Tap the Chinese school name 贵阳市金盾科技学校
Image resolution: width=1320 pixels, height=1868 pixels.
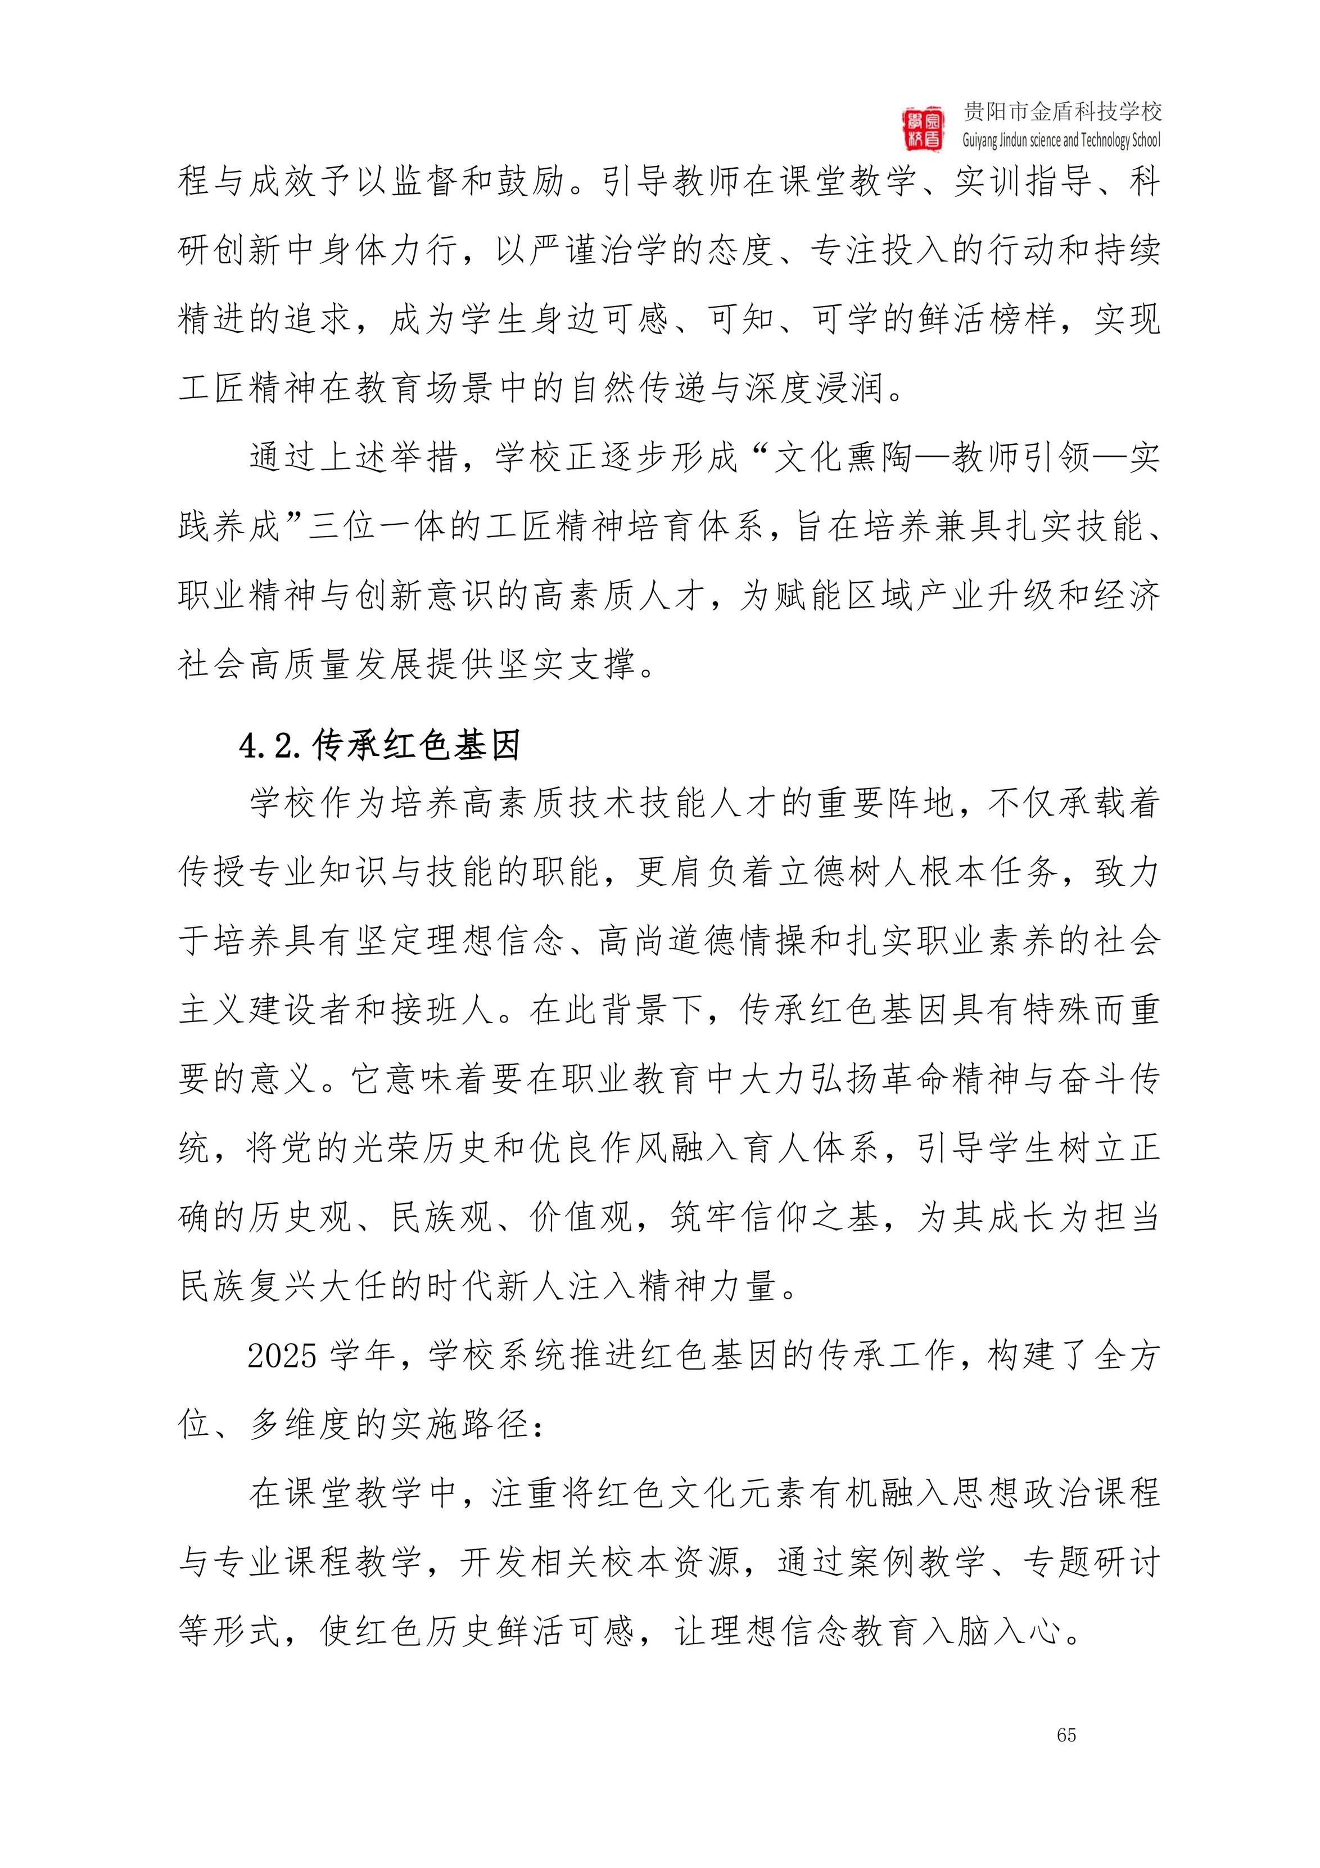[1062, 111]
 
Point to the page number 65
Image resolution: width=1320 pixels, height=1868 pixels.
[1066, 1735]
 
